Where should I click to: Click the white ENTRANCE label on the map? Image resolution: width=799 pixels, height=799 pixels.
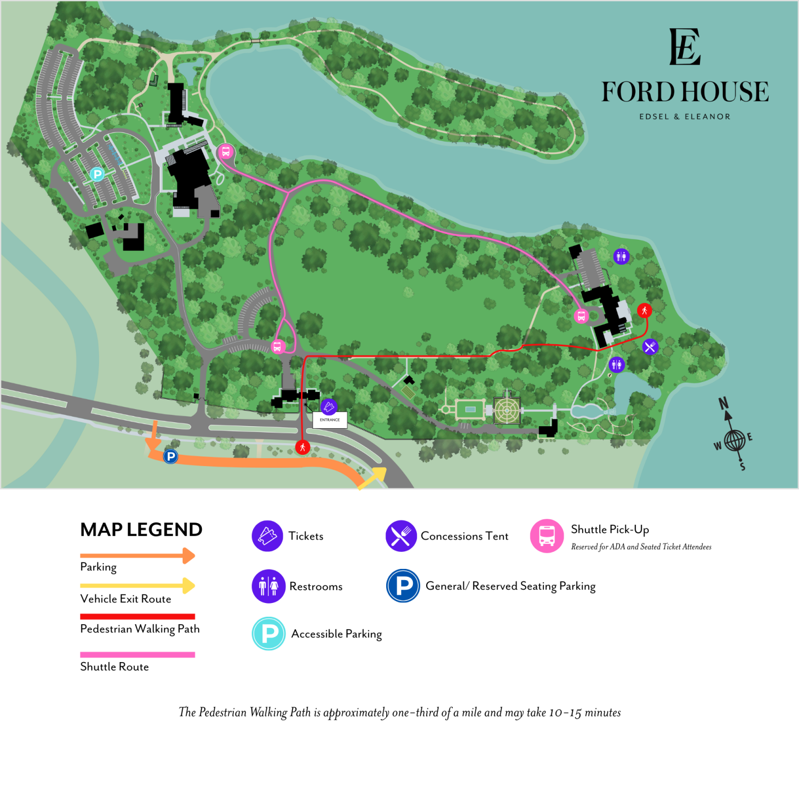point(330,420)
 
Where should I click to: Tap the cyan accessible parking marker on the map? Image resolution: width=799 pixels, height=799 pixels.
point(97,174)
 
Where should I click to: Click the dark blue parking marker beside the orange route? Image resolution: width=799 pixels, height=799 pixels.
point(170,456)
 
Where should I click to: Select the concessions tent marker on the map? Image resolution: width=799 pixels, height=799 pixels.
point(650,347)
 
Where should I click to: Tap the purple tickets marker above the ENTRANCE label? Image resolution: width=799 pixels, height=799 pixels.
point(329,407)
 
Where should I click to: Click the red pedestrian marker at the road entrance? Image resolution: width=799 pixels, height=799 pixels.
point(303,447)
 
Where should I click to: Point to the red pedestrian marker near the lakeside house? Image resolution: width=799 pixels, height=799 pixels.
point(645,310)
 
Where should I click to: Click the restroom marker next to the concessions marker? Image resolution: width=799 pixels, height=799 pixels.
point(616,364)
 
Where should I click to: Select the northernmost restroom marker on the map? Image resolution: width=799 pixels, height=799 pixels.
point(621,256)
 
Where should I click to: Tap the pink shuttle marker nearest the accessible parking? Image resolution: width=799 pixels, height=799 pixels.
point(226,152)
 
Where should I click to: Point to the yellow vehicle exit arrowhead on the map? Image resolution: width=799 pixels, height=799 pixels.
point(379,473)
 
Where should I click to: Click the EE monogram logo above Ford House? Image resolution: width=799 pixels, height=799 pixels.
point(684,47)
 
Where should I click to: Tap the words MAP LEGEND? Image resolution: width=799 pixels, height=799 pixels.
point(141,529)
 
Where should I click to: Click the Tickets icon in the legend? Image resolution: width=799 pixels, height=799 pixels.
point(267,536)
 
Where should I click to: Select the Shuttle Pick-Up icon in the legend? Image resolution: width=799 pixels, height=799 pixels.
point(547,536)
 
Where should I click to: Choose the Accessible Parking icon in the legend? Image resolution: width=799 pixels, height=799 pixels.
point(269,633)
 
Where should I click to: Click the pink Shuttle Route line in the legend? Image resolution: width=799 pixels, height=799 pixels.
point(137,655)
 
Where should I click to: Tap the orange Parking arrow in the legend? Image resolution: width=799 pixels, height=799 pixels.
point(137,556)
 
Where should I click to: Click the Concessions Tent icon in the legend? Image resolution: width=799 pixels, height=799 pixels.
point(401,536)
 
